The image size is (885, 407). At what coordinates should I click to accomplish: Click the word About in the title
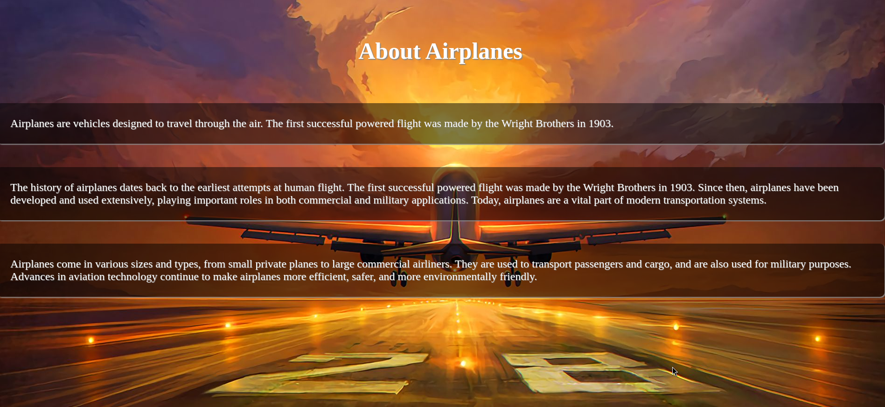tap(390, 51)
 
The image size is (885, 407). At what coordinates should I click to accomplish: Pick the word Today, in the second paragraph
tap(486, 200)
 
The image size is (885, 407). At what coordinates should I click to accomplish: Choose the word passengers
tap(599, 264)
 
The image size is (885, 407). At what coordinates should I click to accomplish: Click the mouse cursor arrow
tap(675, 372)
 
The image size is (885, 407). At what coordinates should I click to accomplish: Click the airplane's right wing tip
tap(724, 217)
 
